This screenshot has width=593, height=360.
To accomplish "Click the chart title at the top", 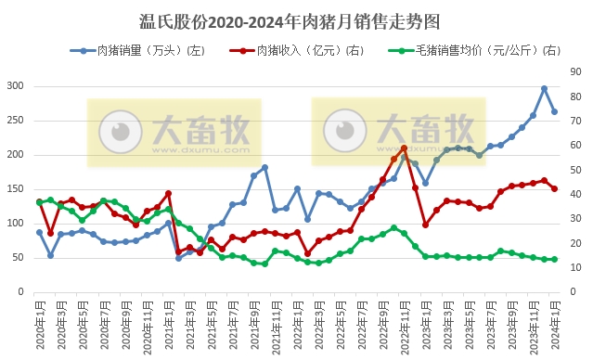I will [x=296, y=19].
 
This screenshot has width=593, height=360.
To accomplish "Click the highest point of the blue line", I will [x=544, y=89].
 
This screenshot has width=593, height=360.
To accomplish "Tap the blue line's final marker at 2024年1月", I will [x=555, y=111].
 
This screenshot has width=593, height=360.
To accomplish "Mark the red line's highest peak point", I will [x=404, y=148].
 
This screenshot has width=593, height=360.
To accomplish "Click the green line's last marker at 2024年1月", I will [x=555, y=260].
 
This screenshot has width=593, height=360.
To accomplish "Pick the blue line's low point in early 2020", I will [x=50, y=254].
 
